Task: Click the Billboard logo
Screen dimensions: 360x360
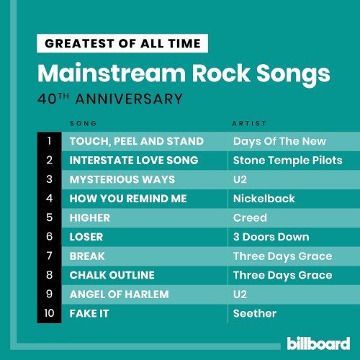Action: tap(318, 343)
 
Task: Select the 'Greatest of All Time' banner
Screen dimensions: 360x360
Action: tap(122, 43)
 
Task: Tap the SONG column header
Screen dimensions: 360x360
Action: tap(84, 123)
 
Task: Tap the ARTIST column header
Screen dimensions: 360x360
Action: tap(249, 123)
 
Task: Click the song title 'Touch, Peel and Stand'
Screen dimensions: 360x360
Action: tap(137, 141)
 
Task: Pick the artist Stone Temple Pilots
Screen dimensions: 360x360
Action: tap(288, 161)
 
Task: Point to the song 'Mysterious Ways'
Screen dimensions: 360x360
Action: tap(122, 179)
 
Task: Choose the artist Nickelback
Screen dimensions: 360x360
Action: tap(264, 199)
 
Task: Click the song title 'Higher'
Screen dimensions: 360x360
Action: tap(90, 217)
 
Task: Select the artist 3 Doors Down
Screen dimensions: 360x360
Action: tap(271, 237)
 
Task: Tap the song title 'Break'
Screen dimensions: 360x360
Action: tap(87, 256)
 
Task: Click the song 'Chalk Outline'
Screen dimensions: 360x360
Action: tap(112, 275)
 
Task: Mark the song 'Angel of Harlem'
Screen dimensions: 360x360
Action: tap(119, 294)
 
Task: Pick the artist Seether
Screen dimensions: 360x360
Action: tap(255, 313)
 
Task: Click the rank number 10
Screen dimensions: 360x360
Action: tap(49, 313)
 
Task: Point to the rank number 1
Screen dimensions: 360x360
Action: tap(49, 141)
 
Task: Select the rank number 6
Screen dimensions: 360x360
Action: tap(49, 237)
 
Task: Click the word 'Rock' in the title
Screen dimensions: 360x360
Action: tap(221, 73)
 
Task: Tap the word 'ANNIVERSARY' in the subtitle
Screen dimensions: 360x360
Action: tap(129, 99)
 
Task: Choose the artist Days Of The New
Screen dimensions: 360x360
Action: tap(279, 141)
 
